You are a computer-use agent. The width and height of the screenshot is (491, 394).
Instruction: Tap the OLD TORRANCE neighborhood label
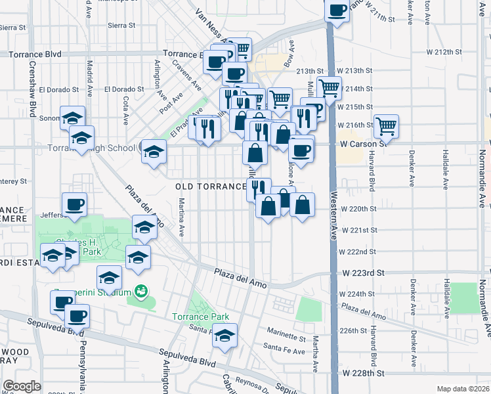pyautogui.click(x=209, y=186)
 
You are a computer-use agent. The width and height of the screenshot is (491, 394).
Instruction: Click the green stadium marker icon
pyautogui.click(x=139, y=290)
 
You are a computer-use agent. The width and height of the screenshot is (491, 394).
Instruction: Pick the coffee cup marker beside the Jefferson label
pyautogui.click(x=74, y=203)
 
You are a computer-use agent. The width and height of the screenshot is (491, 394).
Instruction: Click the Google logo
pyautogui.click(x=22, y=386)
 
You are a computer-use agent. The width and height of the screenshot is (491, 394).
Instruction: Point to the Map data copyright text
pyautogui.click(x=463, y=389)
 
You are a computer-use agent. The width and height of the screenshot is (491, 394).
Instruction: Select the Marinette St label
pyautogui.click(x=286, y=339)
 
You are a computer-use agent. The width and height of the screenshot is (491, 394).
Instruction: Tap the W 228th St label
pyautogui.click(x=362, y=373)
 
